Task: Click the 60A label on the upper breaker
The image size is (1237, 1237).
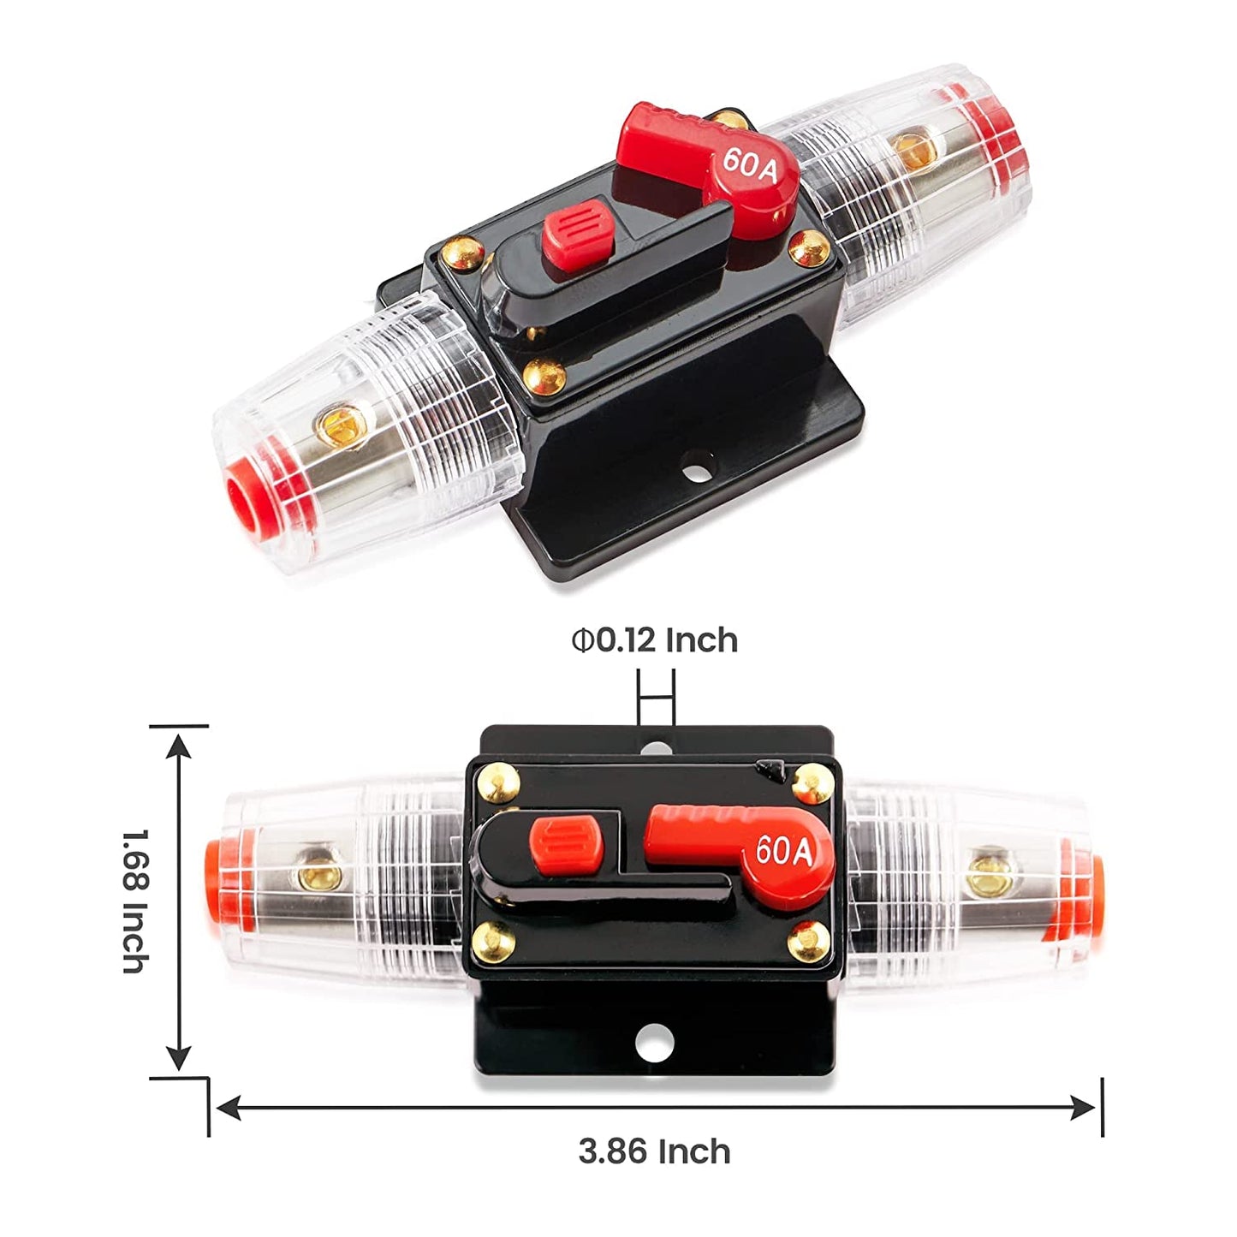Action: point(750,165)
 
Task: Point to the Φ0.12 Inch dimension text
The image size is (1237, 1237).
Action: point(655,640)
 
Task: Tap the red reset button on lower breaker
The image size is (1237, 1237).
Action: point(566,844)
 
